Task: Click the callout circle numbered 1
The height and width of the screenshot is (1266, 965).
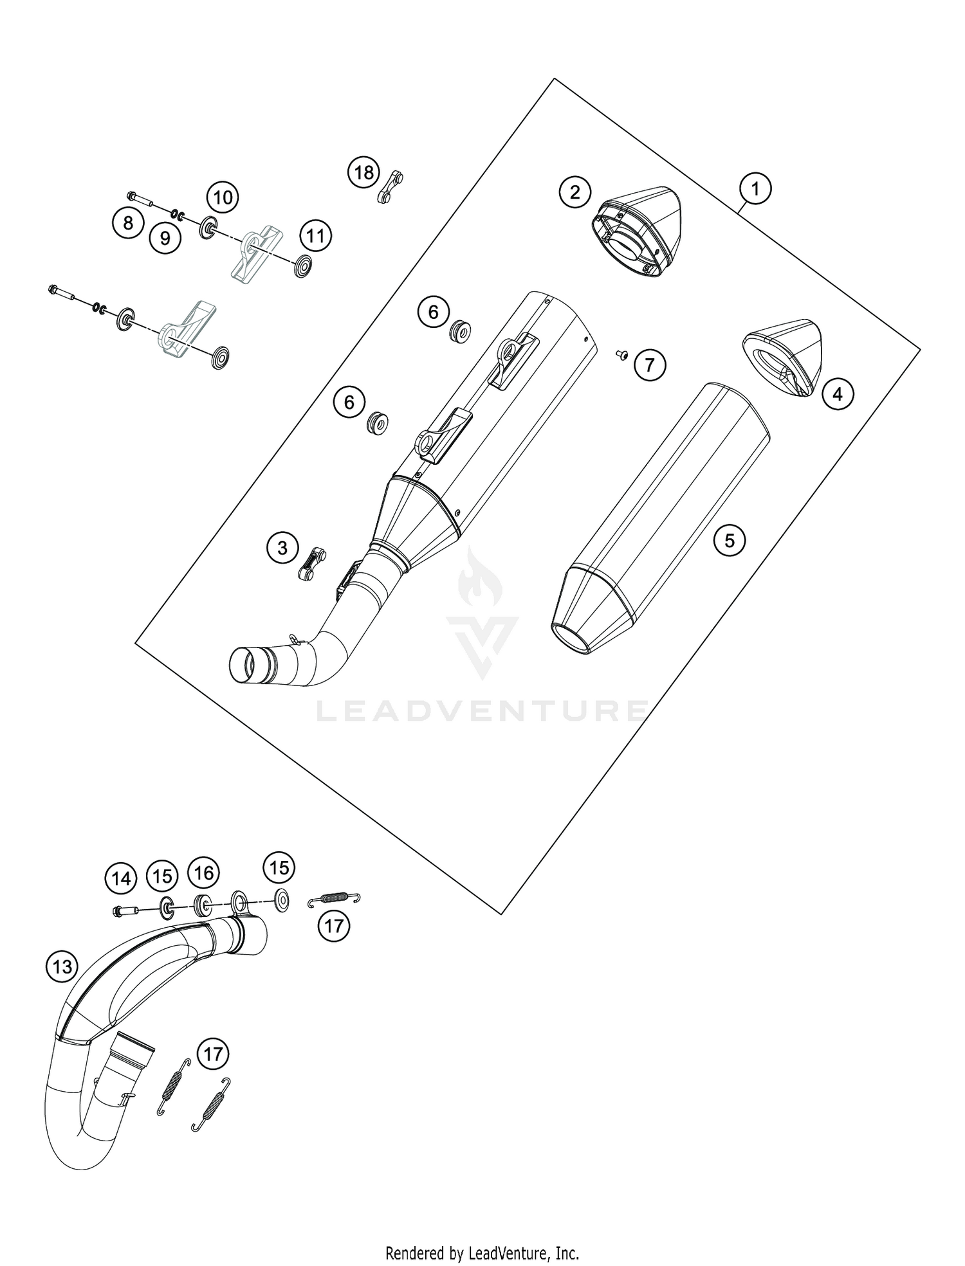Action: click(756, 189)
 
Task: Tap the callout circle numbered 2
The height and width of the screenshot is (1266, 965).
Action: click(575, 192)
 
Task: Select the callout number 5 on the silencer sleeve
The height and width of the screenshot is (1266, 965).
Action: click(729, 539)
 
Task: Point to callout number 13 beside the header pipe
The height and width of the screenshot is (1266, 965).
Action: click(62, 966)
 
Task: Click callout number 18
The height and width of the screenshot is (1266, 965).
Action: click(364, 172)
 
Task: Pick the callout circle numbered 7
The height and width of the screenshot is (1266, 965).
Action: click(650, 365)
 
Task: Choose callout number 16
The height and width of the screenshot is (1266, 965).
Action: click(203, 873)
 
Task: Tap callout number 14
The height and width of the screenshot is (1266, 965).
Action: click(121, 879)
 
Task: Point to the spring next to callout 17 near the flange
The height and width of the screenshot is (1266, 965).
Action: click(335, 899)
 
